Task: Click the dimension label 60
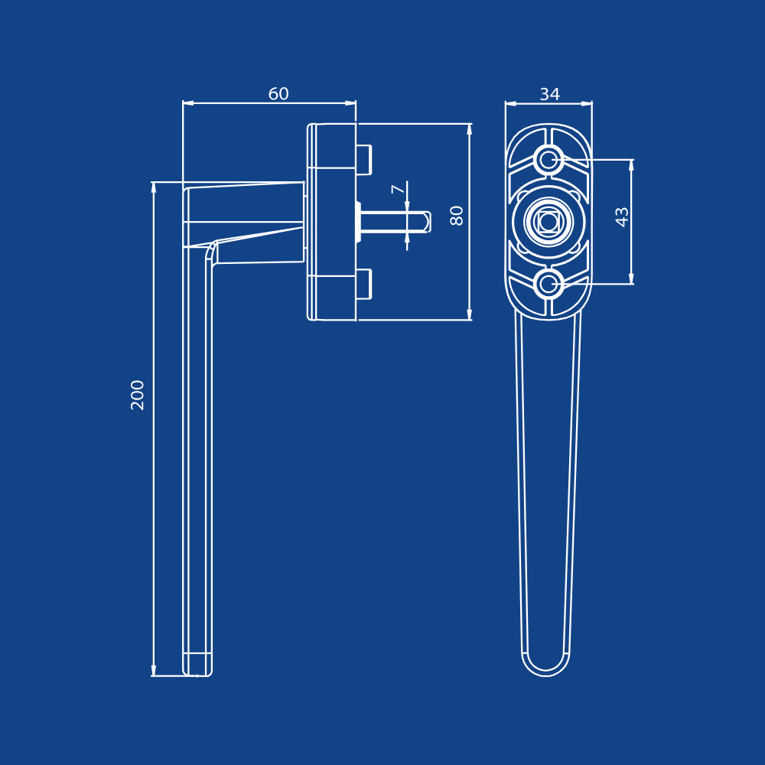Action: pos(278,93)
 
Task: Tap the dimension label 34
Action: pos(549,94)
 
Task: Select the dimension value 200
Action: pos(138,395)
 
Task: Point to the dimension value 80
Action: pos(457,216)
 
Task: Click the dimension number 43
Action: pos(621,217)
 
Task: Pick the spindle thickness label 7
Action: pos(398,189)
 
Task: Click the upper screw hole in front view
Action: pos(549,159)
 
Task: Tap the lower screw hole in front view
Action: pos(549,284)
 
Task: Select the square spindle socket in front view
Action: pos(549,221)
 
